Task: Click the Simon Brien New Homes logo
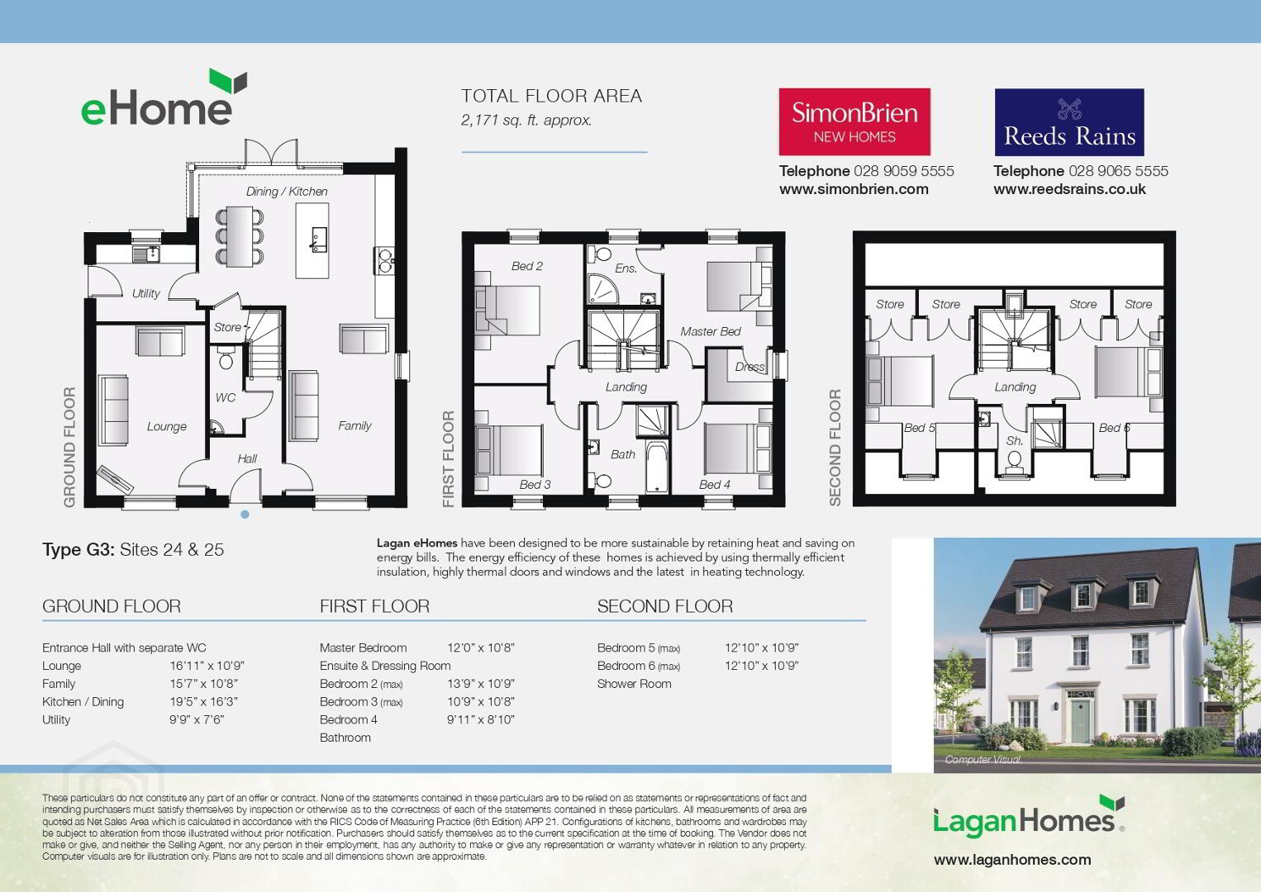(x=854, y=121)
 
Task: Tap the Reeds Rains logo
(x=1069, y=122)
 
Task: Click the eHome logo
(x=164, y=97)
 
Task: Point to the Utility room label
(x=145, y=293)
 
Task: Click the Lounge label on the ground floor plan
(x=167, y=426)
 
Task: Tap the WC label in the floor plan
(x=225, y=398)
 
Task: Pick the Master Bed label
(x=711, y=331)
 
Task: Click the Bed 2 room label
(x=527, y=266)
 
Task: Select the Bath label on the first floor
(x=622, y=454)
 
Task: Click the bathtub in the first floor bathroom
(x=656, y=467)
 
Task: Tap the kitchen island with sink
(x=312, y=240)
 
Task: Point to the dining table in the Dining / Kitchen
(x=240, y=236)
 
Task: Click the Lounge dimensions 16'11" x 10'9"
(x=207, y=666)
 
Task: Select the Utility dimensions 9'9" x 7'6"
(x=197, y=719)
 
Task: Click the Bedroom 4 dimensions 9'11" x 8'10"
(x=481, y=719)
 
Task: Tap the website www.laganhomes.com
(x=1012, y=860)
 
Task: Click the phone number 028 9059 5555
(x=904, y=171)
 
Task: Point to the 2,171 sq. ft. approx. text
(x=526, y=121)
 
